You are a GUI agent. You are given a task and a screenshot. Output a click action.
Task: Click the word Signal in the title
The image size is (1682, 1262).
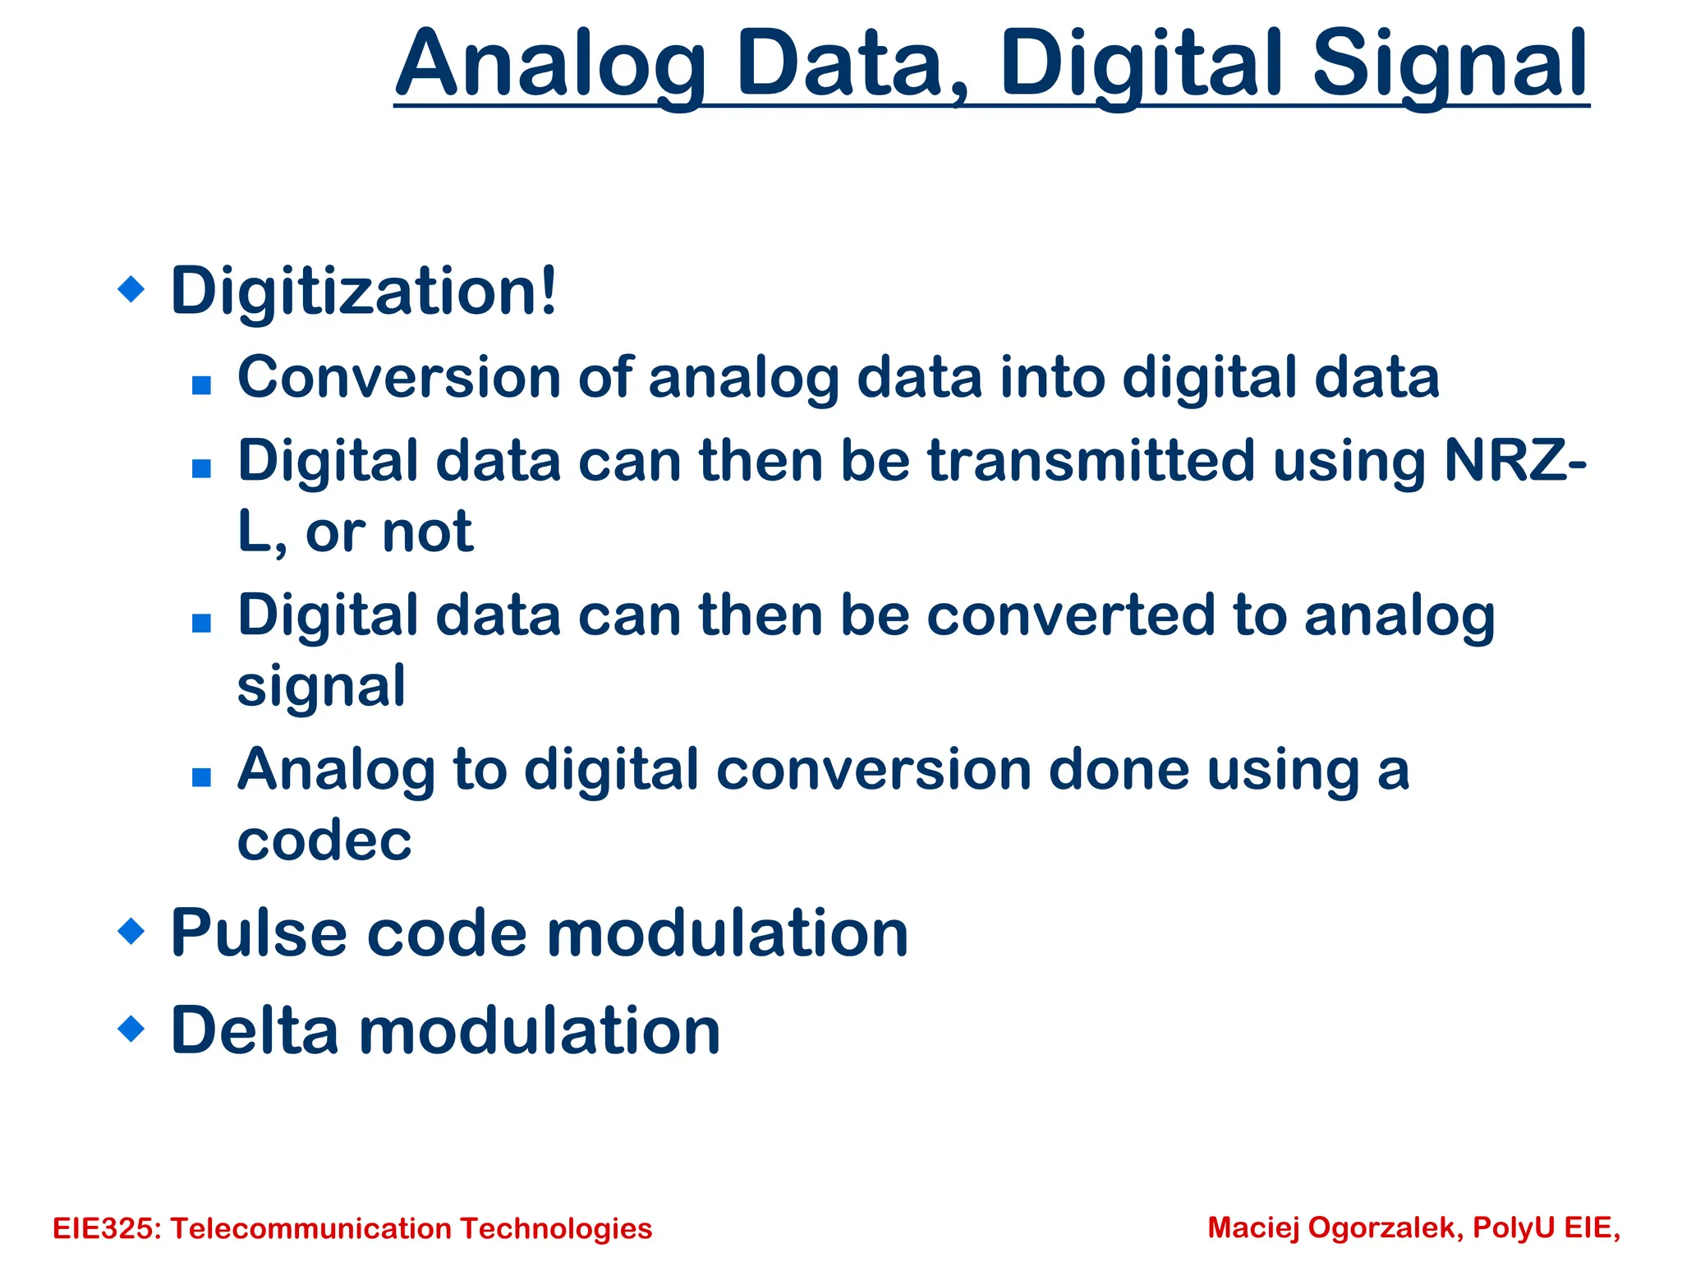pyautogui.click(x=1450, y=66)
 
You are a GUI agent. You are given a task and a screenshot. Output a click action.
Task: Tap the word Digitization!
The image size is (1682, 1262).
pyautogui.click(x=364, y=291)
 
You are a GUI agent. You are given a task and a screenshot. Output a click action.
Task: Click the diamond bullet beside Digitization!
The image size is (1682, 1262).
pyautogui.click(x=131, y=289)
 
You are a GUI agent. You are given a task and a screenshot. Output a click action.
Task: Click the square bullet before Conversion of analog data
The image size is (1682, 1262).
pyautogui.click(x=201, y=385)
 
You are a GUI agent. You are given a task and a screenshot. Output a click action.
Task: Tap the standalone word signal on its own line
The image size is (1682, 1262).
pyautogui.click(x=321, y=687)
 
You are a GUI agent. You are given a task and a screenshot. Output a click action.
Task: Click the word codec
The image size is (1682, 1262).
pyautogui.click(x=324, y=841)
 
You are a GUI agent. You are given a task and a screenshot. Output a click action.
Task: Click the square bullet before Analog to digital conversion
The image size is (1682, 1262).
pyautogui.click(x=201, y=776)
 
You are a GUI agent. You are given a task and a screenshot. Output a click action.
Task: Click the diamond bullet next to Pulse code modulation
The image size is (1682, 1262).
pyautogui.click(x=131, y=932)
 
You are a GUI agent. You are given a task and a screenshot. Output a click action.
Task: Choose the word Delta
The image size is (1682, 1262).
pyautogui.click(x=255, y=1030)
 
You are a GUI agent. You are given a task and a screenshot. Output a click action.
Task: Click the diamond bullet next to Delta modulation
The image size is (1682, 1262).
pyautogui.click(x=131, y=1028)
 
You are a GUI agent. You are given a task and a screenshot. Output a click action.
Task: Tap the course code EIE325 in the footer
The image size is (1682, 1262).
pyautogui.click(x=108, y=1228)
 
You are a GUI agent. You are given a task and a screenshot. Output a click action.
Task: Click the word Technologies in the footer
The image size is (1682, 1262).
pyautogui.click(x=555, y=1228)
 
